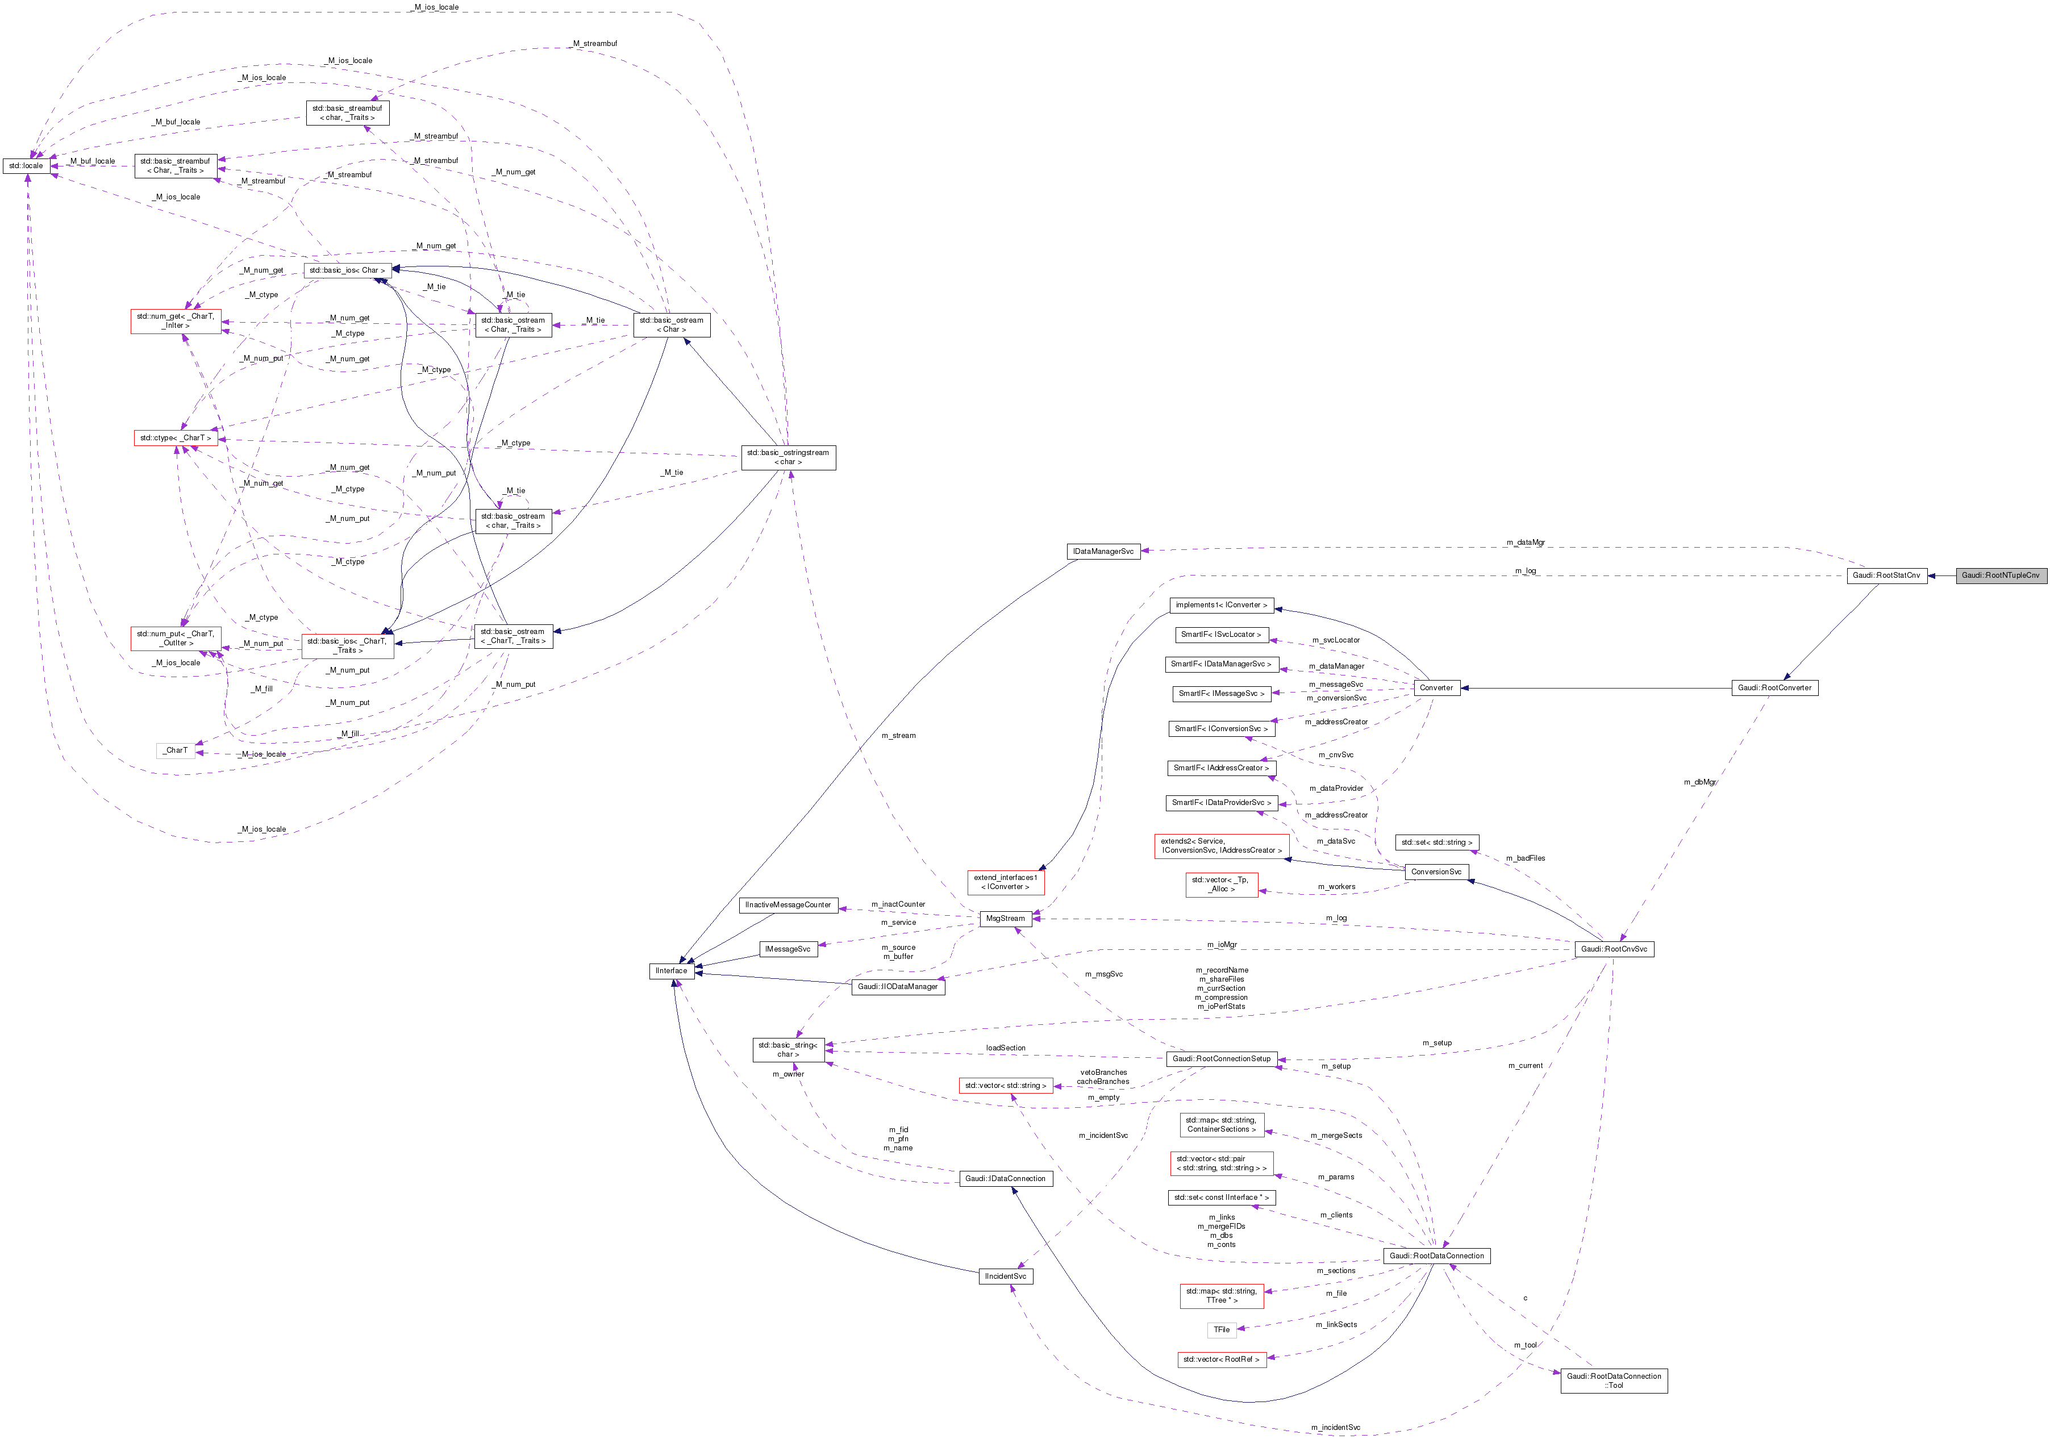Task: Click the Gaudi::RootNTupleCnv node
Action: pyautogui.click(x=2000, y=576)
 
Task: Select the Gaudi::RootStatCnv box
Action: pyautogui.click(x=1886, y=576)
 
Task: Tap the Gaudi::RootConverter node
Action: pyautogui.click(x=1774, y=689)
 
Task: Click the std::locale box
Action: pyautogui.click(x=26, y=166)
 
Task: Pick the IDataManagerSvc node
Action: pyautogui.click(x=1103, y=552)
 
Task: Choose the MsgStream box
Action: pyautogui.click(x=1005, y=919)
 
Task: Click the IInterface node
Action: pyautogui.click(x=672, y=971)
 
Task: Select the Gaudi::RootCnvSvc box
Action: pyautogui.click(x=1614, y=949)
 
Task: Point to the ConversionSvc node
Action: pyautogui.click(x=1436, y=872)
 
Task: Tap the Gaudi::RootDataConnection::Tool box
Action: pyautogui.click(x=1614, y=1381)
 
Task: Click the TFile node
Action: pyautogui.click(x=1222, y=1330)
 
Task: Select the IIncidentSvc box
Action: pyautogui.click(x=1005, y=1277)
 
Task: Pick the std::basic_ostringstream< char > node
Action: pyautogui.click(x=788, y=457)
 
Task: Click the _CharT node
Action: pyautogui.click(x=176, y=750)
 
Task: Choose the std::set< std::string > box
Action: pyautogui.click(x=1436, y=842)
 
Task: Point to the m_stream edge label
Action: pyautogui.click(x=898, y=736)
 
